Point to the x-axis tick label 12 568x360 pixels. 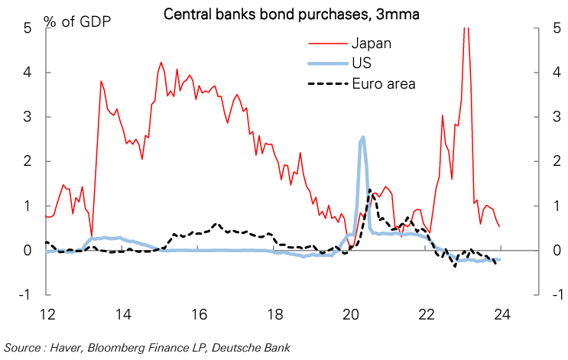click(x=47, y=313)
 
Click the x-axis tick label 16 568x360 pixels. click(x=199, y=313)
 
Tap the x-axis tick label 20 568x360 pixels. click(x=351, y=313)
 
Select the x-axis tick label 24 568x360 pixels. click(x=502, y=313)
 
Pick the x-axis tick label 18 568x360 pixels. click(x=274, y=313)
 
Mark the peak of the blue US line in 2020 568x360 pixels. click(x=362, y=138)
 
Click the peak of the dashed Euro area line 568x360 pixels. click(x=370, y=190)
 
